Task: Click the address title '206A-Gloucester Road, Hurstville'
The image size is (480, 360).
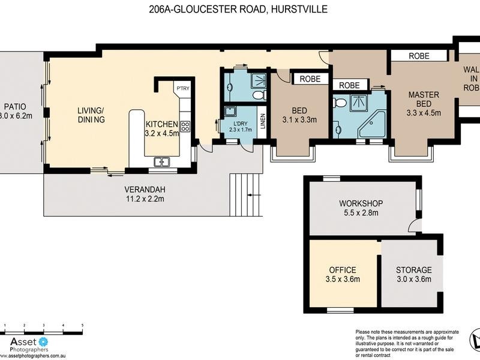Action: [x=239, y=10]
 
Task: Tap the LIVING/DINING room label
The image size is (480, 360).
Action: [x=91, y=115]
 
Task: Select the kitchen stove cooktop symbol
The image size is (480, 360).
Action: [x=185, y=127]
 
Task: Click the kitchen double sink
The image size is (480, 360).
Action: [x=161, y=161]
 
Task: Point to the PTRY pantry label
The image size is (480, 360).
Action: [x=182, y=89]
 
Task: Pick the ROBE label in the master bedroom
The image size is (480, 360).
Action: [x=419, y=56]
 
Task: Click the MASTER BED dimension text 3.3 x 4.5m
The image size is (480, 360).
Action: [x=424, y=112]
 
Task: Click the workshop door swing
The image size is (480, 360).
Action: [x=413, y=226]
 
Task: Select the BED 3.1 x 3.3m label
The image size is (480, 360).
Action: [x=299, y=115]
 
